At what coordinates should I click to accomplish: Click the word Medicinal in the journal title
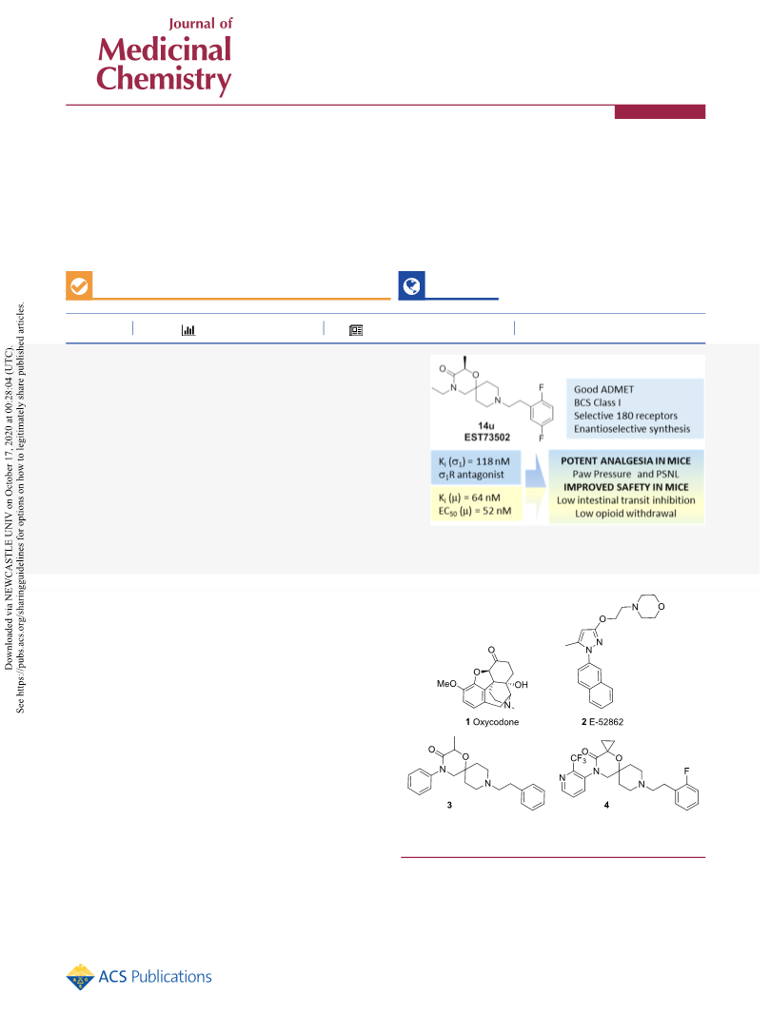[x=165, y=49]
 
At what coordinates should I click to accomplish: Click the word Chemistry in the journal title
[x=164, y=79]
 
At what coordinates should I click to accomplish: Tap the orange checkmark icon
[x=79, y=285]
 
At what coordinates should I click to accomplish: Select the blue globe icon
[x=411, y=285]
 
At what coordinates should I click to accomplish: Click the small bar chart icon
[x=188, y=330]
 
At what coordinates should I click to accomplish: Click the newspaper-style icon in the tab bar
[x=356, y=330]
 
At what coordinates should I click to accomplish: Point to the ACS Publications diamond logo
[x=80, y=977]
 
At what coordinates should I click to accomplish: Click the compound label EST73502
[x=487, y=437]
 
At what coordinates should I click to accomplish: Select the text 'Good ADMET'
[x=603, y=389]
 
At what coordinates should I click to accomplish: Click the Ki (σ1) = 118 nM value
[x=474, y=461]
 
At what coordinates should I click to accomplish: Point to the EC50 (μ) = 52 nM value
[x=475, y=511]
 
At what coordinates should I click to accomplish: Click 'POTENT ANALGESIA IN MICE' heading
[x=625, y=461]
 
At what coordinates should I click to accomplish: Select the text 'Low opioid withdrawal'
[x=625, y=514]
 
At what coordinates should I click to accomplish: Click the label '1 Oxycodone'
[x=492, y=722]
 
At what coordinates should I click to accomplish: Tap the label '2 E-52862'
[x=602, y=722]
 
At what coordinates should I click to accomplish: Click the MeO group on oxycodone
[x=446, y=684]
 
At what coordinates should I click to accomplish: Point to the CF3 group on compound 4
[x=579, y=758]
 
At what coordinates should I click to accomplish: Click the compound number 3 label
[x=449, y=805]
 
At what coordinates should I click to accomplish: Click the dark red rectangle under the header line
[x=660, y=112]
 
